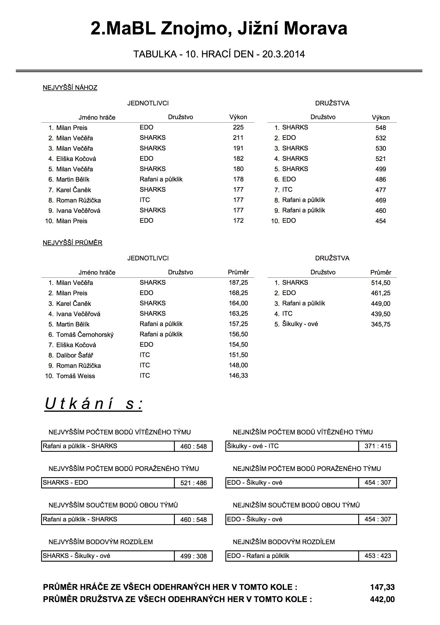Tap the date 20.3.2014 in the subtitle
coord(283,54)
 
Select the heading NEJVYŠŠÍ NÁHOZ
coord(70,88)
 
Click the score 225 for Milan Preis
coord(238,127)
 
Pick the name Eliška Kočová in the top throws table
coord(76,159)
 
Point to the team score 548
coord(381,128)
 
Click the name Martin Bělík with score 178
coord(73,179)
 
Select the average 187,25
coord(238,283)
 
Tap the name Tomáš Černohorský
coord(85,335)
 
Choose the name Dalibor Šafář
coord(75,355)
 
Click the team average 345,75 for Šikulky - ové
coord(381,324)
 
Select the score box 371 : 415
coord(378,446)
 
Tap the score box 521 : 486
coord(193,483)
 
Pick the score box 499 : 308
coord(193,556)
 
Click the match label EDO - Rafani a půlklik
coord(258,556)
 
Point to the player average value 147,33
coord(382,587)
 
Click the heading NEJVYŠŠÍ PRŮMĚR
coord(72,243)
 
